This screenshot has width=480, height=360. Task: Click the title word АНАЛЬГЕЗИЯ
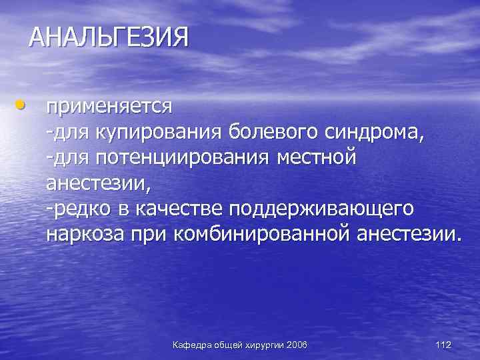click(109, 37)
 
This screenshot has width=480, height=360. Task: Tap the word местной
click(317, 157)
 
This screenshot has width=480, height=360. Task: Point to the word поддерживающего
click(321, 209)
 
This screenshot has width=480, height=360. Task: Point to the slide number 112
click(443, 345)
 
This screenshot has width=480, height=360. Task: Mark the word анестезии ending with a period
click(408, 235)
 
